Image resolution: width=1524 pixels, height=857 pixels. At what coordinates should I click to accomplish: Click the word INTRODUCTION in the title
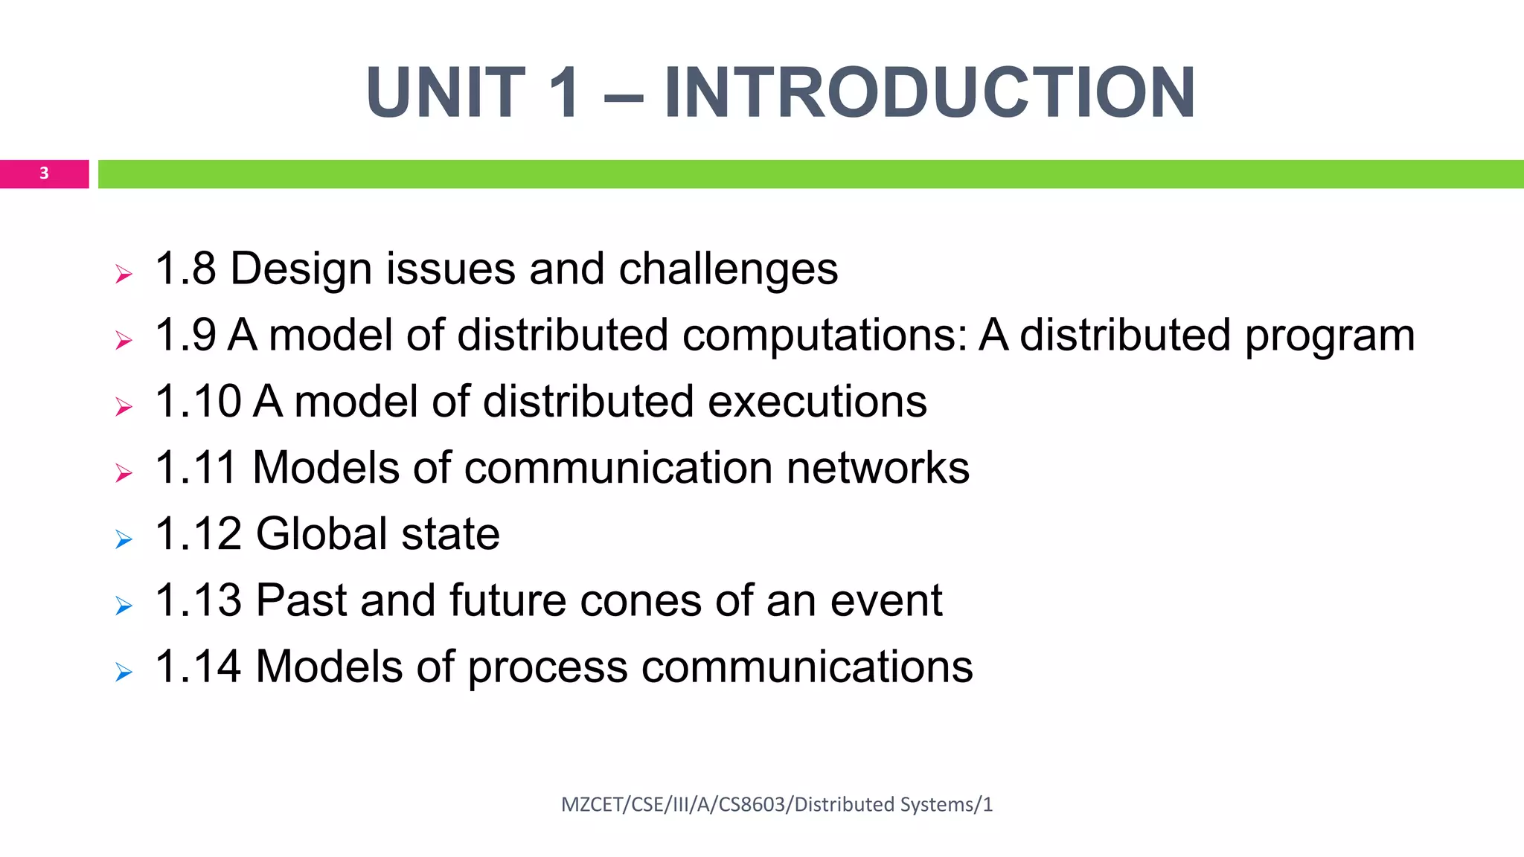[x=929, y=93]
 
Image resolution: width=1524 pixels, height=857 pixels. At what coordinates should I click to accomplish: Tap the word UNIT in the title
[x=446, y=93]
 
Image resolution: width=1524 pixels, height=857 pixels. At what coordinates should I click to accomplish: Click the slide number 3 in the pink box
[x=44, y=173]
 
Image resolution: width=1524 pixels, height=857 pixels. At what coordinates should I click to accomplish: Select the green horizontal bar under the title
[x=810, y=174]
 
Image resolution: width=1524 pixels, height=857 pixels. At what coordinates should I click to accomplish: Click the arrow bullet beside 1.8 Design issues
[x=124, y=275]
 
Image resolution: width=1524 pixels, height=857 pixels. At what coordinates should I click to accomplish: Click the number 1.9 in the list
[x=185, y=335]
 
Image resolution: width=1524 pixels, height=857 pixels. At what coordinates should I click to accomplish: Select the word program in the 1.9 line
[x=1330, y=336]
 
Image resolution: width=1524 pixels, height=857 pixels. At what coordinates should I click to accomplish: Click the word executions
[x=817, y=402]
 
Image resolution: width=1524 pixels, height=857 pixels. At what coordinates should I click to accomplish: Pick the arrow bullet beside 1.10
[x=124, y=407]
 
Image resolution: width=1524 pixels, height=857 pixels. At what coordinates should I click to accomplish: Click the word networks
[x=877, y=468]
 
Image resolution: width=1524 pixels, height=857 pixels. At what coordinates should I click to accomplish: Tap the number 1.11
[x=197, y=468]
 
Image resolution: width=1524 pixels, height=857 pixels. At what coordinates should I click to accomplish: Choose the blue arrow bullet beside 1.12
[x=124, y=539]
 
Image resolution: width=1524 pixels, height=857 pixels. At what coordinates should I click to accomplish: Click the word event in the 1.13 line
[x=886, y=600]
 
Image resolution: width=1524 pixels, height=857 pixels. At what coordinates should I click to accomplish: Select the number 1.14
[x=198, y=667]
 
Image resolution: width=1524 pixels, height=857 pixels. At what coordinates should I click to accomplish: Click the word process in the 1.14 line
[x=548, y=668]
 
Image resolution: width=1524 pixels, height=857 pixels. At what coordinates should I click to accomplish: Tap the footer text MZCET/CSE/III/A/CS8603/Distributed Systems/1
[x=777, y=804]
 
